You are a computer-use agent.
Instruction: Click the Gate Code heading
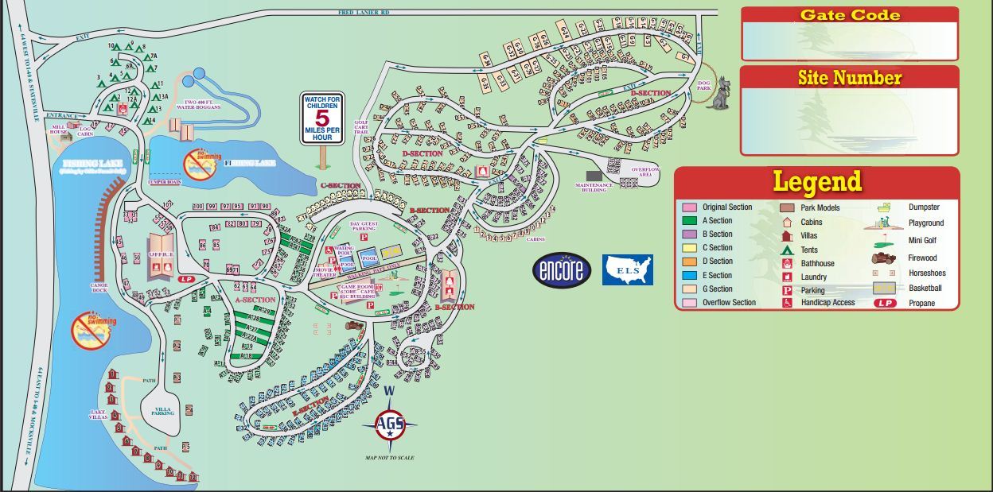tap(850, 15)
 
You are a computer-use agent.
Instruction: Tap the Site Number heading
tap(849, 78)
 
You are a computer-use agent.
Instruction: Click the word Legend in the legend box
tap(817, 181)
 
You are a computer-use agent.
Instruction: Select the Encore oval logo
tap(562, 270)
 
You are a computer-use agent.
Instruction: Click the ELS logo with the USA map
tap(627, 270)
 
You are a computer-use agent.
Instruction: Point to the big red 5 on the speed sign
tap(321, 118)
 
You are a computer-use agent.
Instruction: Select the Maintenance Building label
tap(594, 188)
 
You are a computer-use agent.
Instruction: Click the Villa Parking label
tap(163, 411)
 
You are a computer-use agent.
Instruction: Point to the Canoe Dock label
tap(99, 287)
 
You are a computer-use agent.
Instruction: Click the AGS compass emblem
tap(390, 425)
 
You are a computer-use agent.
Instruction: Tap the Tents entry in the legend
tap(808, 250)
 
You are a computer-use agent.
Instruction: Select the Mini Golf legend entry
tap(923, 241)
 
